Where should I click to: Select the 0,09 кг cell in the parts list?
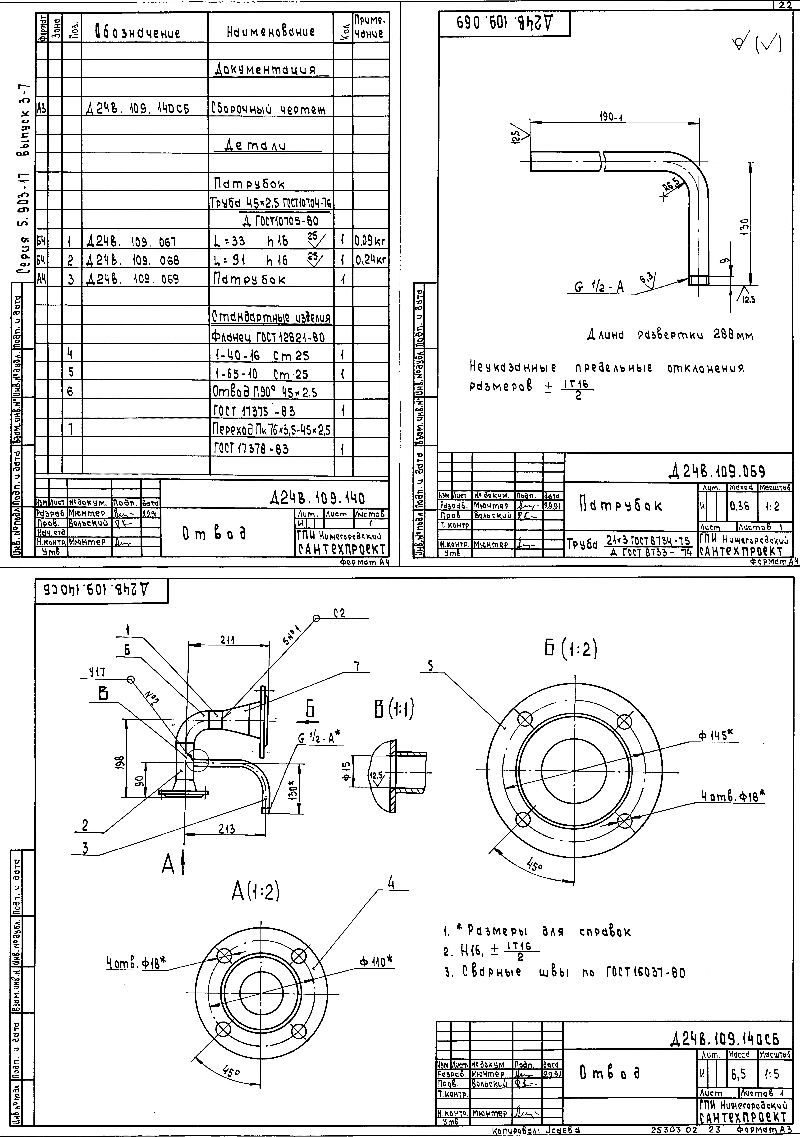(369, 242)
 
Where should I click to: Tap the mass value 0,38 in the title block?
(740, 506)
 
